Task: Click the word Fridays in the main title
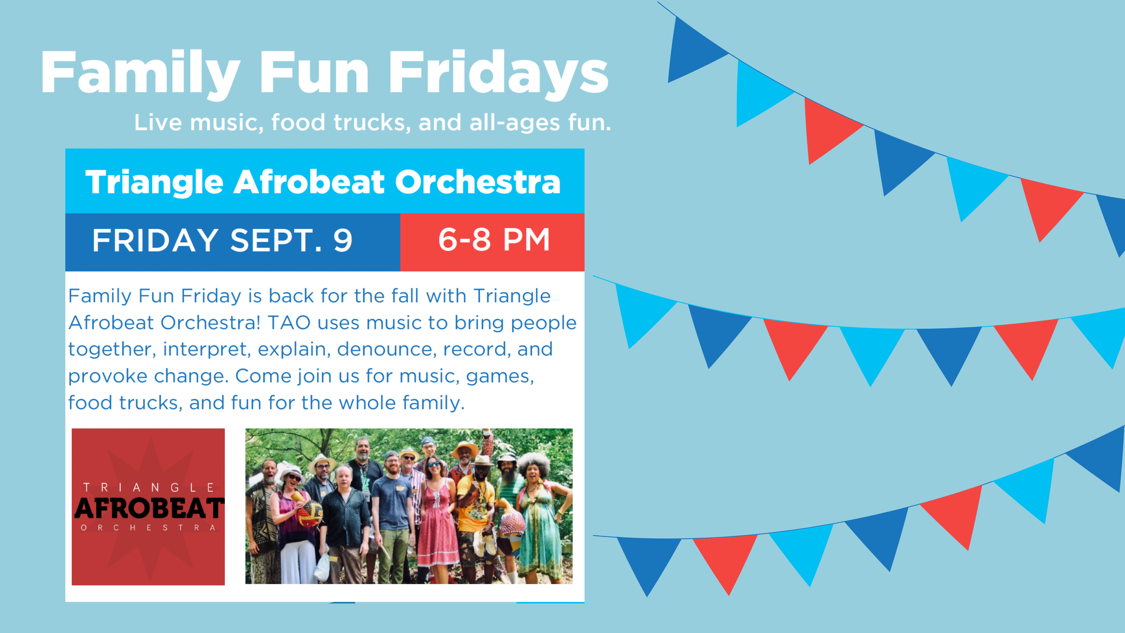coord(498,73)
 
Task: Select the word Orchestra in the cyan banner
coord(477,182)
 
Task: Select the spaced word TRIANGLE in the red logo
coord(148,487)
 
